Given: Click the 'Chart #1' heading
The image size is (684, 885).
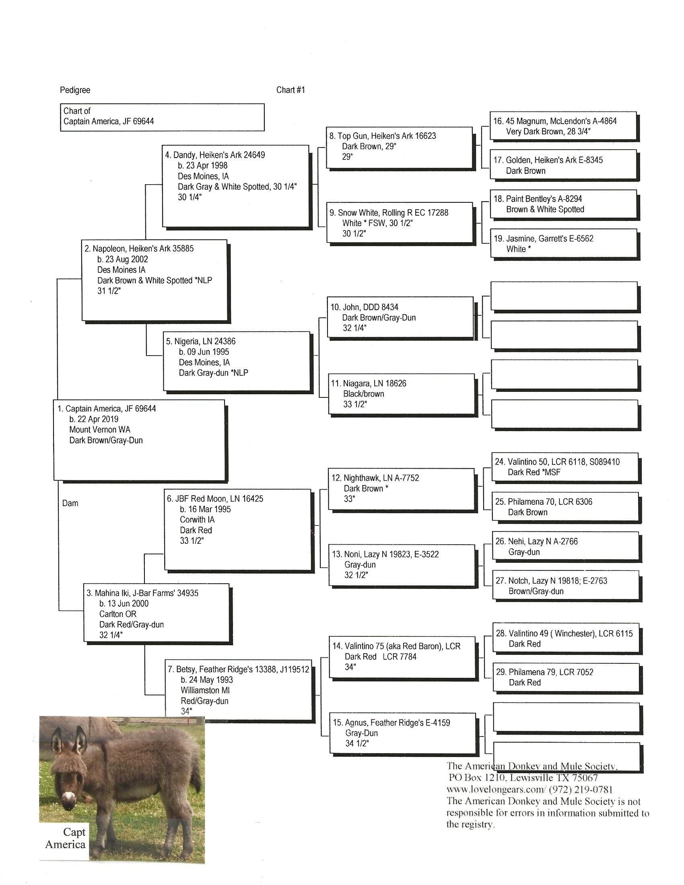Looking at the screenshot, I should [x=290, y=90].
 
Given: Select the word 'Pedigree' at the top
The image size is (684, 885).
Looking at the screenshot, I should [x=75, y=90].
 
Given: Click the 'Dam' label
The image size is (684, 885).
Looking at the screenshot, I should [x=70, y=503].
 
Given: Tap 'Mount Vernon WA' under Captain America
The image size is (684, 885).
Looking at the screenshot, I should [x=100, y=430].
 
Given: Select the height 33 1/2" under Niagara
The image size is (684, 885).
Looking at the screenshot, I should [x=355, y=404].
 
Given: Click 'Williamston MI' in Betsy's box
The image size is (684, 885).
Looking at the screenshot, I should [x=205, y=690].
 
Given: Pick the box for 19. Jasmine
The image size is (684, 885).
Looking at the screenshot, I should [x=563, y=243].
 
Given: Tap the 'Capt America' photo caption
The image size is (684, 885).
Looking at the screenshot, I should [x=66, y=839].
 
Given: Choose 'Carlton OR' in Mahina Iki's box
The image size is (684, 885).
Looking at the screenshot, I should [x=117, y=614].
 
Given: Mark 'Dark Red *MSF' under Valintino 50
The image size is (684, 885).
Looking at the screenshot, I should [x=534, y=472].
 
